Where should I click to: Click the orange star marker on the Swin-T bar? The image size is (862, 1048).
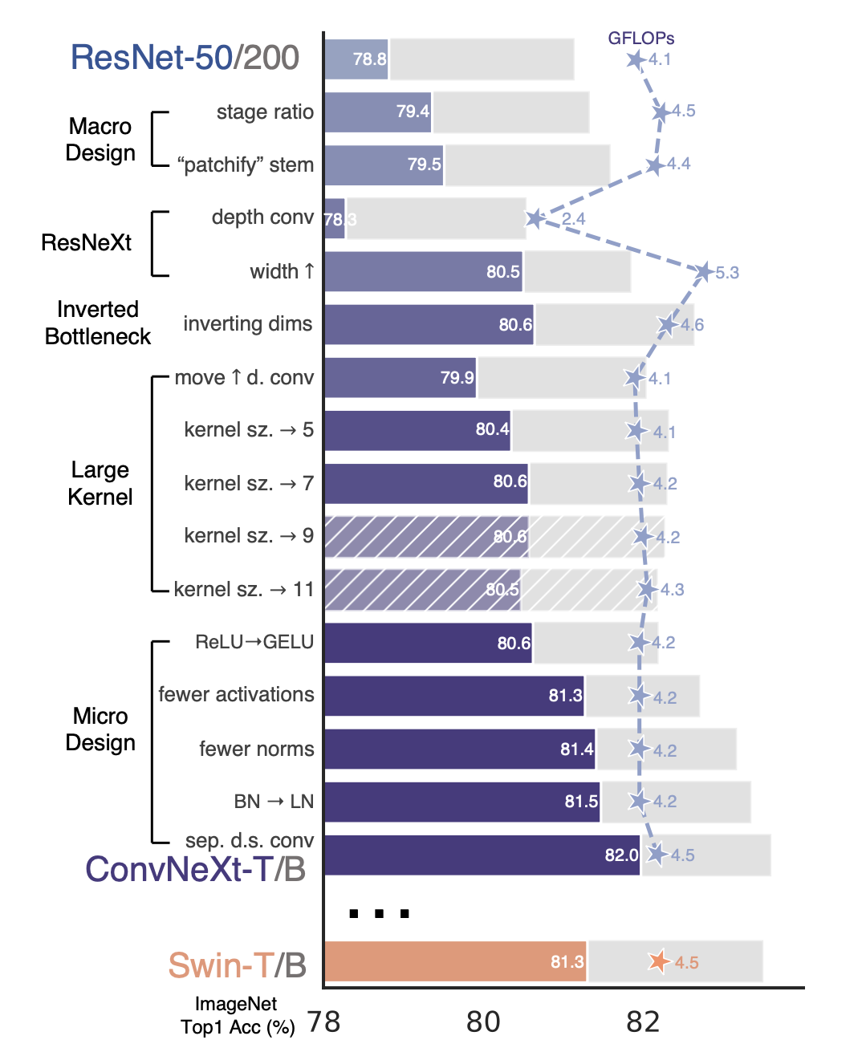658,961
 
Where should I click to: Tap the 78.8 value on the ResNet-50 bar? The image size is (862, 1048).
369,59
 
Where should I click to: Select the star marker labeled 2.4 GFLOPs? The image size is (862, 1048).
535,218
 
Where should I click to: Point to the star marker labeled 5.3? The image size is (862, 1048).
704,272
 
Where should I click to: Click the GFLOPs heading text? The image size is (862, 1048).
640,38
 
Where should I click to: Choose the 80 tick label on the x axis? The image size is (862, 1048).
483,1022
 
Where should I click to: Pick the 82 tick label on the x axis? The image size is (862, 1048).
643,1022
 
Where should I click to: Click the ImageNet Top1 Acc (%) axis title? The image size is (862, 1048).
237,1015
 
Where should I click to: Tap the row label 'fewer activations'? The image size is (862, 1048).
236,694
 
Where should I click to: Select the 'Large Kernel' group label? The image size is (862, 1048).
100,483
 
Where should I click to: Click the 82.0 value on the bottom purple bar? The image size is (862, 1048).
621,855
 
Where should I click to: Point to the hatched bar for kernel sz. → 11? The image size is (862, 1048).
422,590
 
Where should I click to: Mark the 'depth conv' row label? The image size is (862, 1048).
262,217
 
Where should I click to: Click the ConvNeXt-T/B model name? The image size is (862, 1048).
195,869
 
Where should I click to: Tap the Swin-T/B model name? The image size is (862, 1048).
237,965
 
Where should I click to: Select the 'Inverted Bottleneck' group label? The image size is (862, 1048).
97,323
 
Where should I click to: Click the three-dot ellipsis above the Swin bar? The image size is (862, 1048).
379,913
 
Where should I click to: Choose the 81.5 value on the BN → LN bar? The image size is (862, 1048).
581,802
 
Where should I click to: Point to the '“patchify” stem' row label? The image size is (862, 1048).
246,165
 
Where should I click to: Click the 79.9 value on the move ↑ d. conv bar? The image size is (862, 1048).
457,378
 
